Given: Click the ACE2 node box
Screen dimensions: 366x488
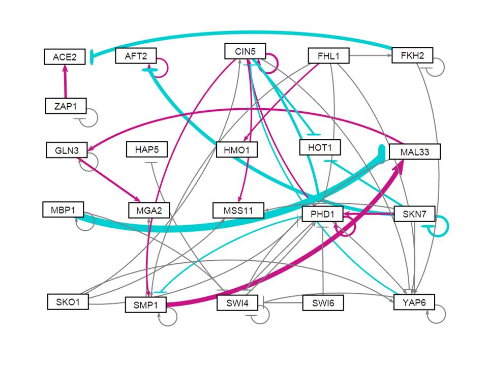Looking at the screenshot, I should (x=65, y=57).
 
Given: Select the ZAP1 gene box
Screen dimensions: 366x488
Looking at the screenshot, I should (x=65, y=106).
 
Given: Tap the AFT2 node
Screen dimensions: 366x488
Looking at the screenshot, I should (x=136, y=55).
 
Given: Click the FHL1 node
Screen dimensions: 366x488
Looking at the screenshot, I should (x=329, y=55).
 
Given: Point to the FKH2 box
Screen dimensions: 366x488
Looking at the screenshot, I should (x=412, y=55).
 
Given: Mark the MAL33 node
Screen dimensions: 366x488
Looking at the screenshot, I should (x=414, y=151).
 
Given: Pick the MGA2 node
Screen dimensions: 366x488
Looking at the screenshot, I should (x=148, y=209).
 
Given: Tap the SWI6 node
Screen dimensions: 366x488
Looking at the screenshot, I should (x=322, y=303).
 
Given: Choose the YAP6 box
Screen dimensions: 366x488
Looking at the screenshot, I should (x=414, y=303).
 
